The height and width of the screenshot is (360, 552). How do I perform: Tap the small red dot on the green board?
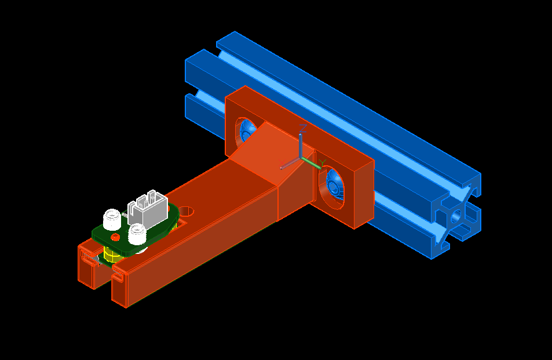(x=115, y=237)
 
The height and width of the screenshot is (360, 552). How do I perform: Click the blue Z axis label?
(x=304, y=128)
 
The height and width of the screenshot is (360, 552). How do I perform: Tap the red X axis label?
(x=282, y=163)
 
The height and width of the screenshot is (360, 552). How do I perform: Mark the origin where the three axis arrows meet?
(x=299, y=157)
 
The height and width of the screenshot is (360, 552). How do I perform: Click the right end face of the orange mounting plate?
(x=364, y=194)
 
